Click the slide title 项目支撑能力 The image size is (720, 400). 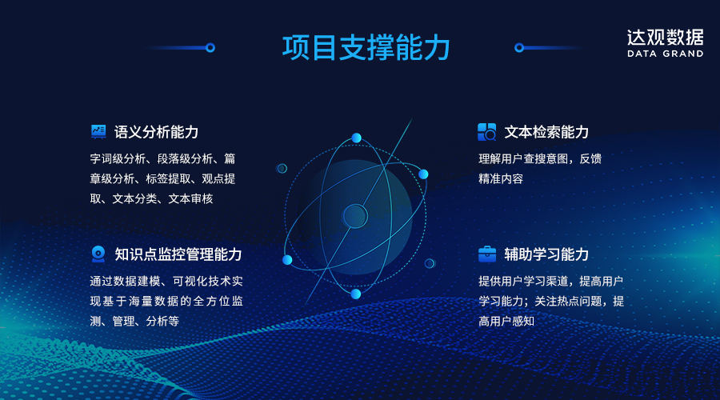coord(366,47)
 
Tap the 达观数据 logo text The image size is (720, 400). coord(665,37)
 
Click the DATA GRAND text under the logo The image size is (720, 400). coord(665,54)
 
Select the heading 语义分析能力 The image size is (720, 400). coord(156,132)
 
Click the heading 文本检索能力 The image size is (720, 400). coord(546,132)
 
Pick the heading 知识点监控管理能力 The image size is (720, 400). coord(178,254)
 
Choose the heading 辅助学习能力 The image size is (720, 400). coord(546,254)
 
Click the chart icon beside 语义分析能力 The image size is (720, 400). coord(98,131)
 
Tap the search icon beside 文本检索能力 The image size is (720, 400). coord(486,132)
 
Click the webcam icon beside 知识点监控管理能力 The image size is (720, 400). coord(98,254)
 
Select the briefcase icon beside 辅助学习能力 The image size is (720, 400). coord(486,254)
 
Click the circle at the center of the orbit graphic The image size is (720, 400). coord(354,215)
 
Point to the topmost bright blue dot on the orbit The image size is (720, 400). coord(356,138)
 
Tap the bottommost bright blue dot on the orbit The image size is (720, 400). coord(356,294)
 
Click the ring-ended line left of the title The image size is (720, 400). coord(182,48)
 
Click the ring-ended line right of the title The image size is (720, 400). coord(548,48)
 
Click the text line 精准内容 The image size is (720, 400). coord(501,179)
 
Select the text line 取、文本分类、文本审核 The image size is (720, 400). coord(151,198)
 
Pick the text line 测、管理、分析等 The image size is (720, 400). coord(134,321)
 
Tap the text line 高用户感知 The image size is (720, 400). coord(506,321)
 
